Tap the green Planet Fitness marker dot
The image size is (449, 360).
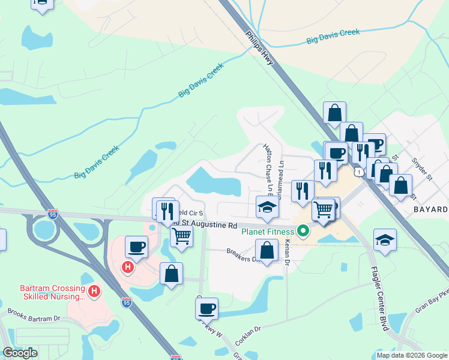[x=303, y=230]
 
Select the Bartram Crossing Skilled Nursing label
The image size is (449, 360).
[x=53, y=292]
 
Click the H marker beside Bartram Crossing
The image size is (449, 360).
[x=94, y=292]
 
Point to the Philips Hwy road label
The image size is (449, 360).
[x=260, y=53]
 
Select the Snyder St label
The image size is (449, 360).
[x=422, y=169]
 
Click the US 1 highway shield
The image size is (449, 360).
[x=358, y=172]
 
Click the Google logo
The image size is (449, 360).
[x=20, y=353]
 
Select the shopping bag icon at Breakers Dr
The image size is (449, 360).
[x=267, y=250]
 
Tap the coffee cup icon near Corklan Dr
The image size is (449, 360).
[x=206, y=308]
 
